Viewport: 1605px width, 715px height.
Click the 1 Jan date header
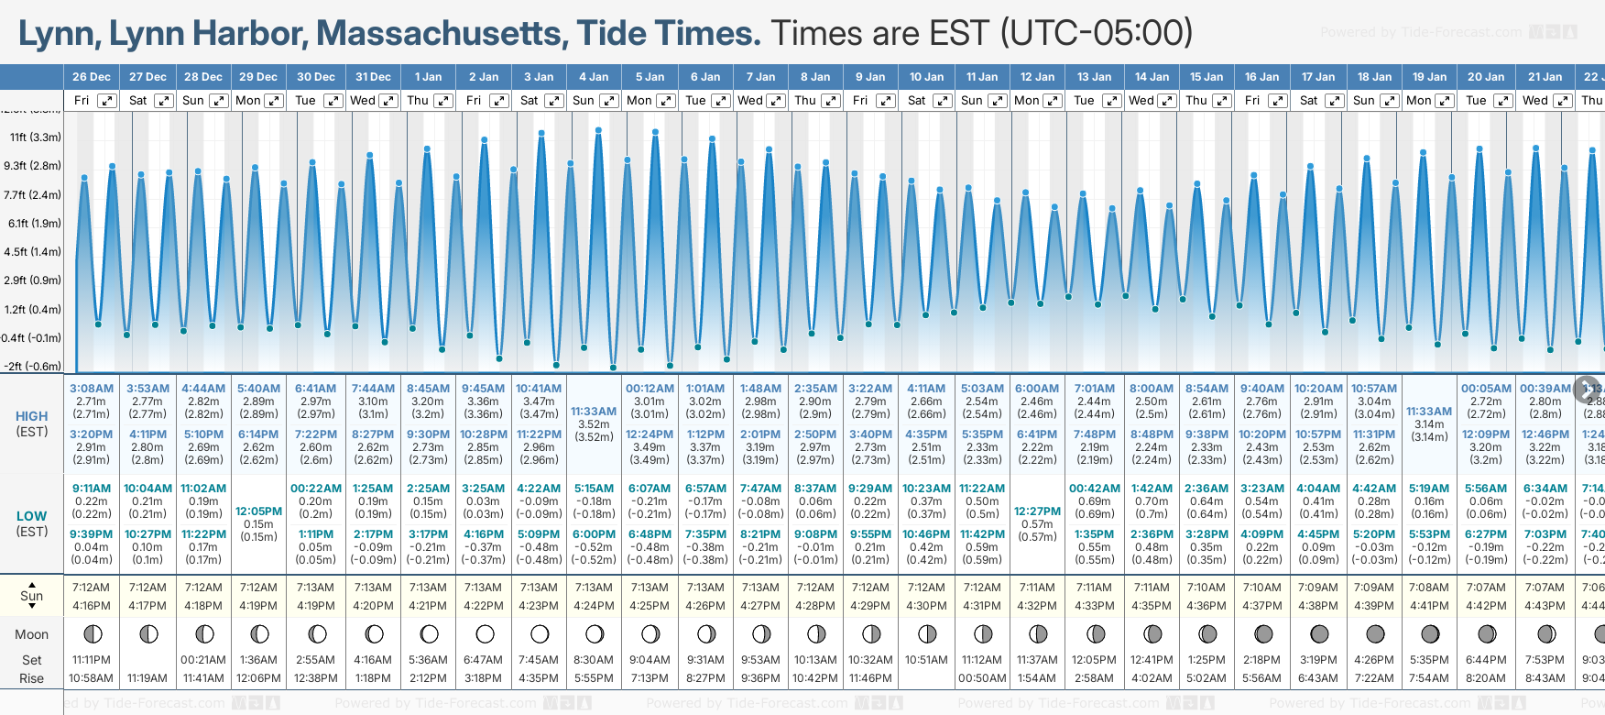tap(428, 77)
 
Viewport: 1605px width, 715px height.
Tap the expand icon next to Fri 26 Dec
tap(107, 101)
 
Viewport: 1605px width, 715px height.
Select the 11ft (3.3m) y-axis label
tap(35, 137)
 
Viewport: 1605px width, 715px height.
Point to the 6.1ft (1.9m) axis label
tap(34, 223)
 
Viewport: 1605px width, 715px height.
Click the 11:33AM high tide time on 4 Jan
tap(594, 412)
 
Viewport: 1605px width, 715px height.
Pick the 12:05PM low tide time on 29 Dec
tap(258, 511)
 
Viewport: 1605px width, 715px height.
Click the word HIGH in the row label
tap(32, 416)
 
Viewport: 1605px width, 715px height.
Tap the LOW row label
tap(32, 516)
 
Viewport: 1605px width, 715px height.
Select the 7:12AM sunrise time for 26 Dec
tap(92, 588)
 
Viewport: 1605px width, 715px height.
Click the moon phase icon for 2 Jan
tap(485, 633)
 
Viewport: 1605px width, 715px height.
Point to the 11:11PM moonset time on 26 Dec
tap(92, 660)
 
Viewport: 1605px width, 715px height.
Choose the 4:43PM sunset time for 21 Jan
tap(1545, 606)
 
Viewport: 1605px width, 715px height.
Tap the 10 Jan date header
tap(926, 77)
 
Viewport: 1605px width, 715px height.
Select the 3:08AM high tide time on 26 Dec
tap(92, 389)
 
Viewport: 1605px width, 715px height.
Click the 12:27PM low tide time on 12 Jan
tap(1037, 511)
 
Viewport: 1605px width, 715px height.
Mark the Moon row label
tap(32, 634)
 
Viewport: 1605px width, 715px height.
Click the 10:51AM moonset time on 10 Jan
tap(926, 660)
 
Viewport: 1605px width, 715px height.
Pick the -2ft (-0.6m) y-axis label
tap(32, 366)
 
